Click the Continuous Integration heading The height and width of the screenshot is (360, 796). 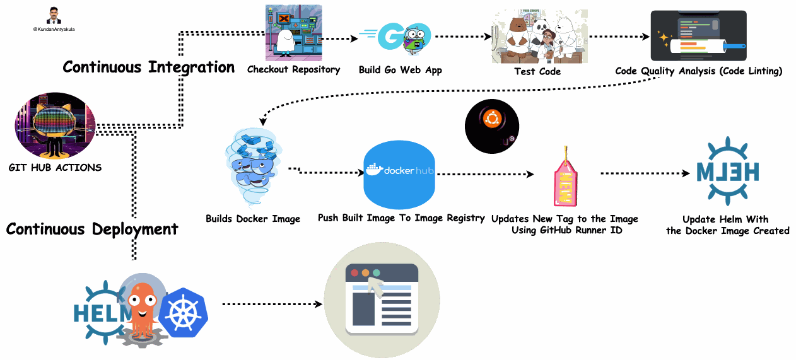148,67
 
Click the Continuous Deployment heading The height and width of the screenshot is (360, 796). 92,229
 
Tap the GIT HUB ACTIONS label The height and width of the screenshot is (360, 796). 55,168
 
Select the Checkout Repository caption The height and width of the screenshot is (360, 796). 293,69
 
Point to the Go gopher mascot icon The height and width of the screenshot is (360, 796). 415,41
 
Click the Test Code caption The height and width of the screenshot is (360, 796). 537,71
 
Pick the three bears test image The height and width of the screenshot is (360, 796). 539,36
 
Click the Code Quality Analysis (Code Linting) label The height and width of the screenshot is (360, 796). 698,71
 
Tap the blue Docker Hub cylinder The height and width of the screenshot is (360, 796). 400,174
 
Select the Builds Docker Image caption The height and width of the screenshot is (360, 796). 253,219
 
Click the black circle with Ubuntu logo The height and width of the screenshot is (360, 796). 491,127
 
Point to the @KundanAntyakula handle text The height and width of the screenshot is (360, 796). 54,28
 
